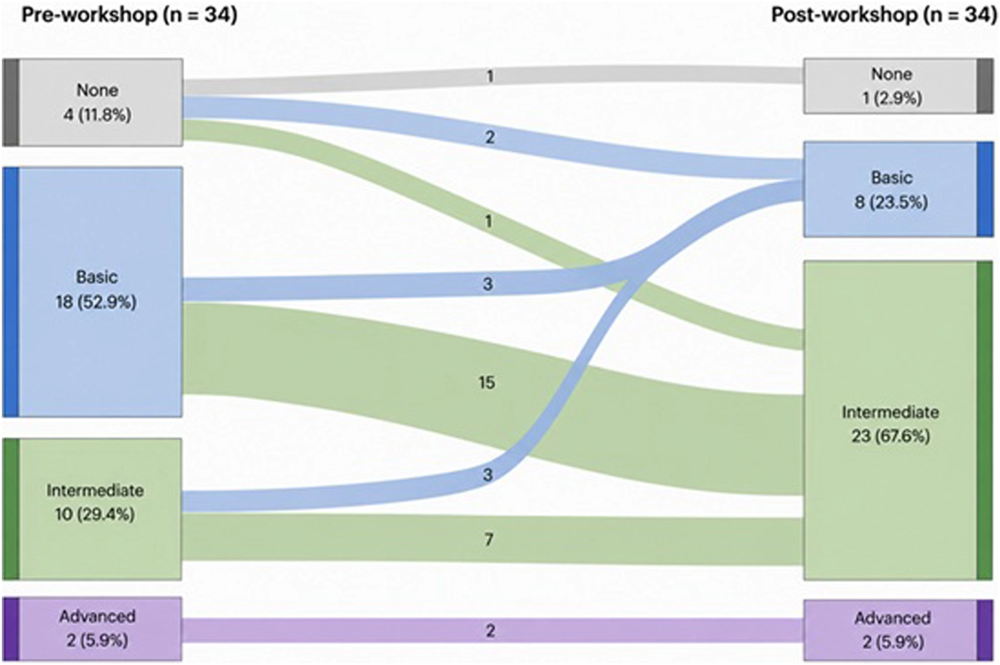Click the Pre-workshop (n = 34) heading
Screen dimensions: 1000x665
130,16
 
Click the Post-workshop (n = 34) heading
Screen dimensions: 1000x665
884,16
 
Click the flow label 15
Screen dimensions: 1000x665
486,382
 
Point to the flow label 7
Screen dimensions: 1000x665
489,540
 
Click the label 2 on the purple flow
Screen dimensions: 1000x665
490,630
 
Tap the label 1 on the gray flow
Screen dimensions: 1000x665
490,77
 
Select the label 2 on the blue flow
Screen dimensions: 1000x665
490,137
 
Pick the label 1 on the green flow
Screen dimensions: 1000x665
489,221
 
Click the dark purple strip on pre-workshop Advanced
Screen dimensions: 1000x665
10,628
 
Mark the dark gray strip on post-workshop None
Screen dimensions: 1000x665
985,86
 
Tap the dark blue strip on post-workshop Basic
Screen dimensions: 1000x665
985,189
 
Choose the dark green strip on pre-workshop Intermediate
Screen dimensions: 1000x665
10,509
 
